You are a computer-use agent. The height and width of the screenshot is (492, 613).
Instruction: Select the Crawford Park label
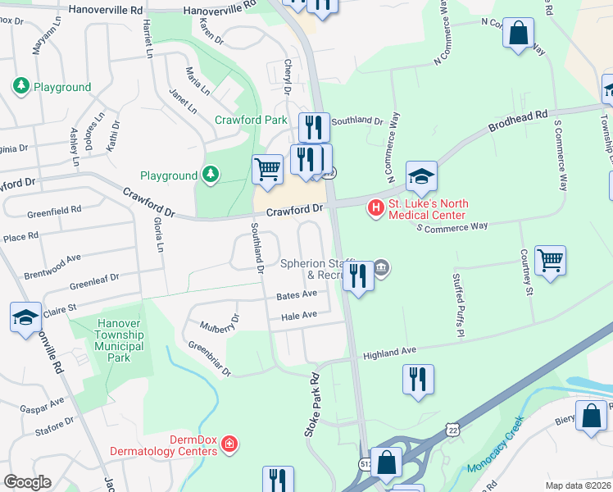pos(251,120)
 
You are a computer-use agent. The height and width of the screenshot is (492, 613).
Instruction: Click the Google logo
pos(27,482)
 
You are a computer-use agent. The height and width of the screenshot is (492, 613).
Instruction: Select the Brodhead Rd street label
pos(517,124)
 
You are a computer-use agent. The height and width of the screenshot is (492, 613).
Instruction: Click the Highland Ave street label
pos(390,353)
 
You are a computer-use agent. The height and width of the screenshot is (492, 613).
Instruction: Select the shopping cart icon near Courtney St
pos(550,260)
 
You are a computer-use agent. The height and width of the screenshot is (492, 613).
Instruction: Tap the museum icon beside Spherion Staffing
pos(382,267)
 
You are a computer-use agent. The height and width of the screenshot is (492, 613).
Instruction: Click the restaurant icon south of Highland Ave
pos(418,379)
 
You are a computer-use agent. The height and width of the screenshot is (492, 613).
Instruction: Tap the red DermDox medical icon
pos(230,444)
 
